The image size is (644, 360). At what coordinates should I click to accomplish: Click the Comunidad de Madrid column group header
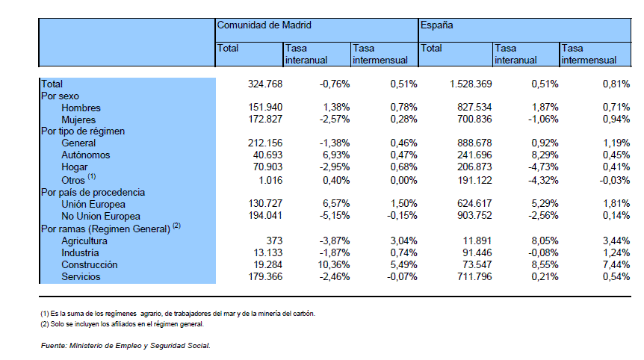click(264, 25)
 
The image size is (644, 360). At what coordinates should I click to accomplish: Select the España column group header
click(436, 25)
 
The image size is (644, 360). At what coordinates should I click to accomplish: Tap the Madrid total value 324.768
click(265, 84)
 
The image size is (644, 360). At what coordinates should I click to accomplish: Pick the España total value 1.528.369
click(471, 84)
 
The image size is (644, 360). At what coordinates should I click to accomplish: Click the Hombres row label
click(81, 108)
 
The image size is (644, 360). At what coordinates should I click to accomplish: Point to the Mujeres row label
click(78, 120)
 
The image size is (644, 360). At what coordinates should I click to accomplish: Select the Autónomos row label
click(86, 155)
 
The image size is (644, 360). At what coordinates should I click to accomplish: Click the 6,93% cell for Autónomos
click(336, 155)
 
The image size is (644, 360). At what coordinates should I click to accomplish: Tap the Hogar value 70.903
click(265, 167)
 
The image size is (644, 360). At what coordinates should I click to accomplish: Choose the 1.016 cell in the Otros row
click(270, 180)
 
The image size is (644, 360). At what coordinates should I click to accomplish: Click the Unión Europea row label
click(93, 205)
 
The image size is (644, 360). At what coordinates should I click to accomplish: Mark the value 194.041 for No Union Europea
click(265, 216)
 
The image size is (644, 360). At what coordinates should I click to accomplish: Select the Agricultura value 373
click(274, 240)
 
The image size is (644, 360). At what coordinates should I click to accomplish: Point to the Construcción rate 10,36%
click(333, 264)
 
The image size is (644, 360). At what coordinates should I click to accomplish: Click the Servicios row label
click(81, 276)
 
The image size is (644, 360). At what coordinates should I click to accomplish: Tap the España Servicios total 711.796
click(474, 276)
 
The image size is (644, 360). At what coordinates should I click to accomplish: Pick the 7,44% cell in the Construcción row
click(616, 264)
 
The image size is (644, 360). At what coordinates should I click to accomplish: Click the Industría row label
click(80, 253)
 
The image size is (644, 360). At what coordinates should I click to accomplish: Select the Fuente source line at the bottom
click(126, 346)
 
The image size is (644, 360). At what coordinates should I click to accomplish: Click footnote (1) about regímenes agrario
click(178, 314)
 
